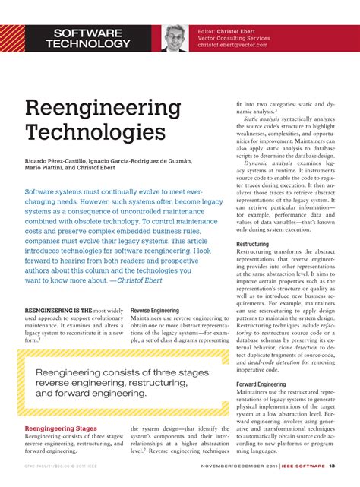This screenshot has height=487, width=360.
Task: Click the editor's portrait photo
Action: coord(175,36)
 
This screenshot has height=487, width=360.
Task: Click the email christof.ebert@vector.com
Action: coord(246,45)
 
